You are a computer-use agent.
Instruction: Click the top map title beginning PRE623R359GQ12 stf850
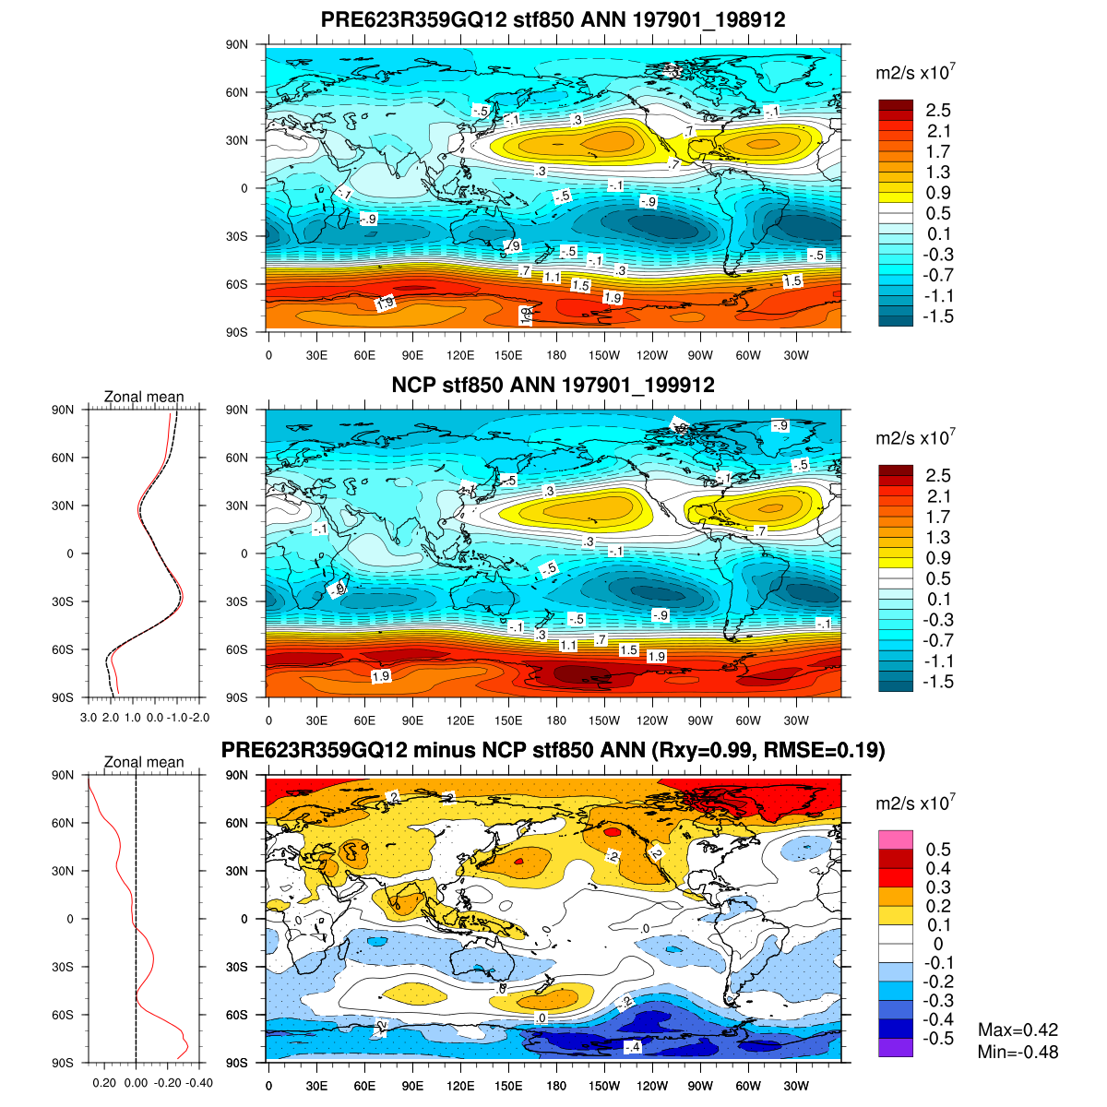click(x=553, y=19)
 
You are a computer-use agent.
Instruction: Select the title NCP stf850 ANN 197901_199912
click(x=553, y=385)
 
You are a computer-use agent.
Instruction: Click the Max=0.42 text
click(x=1018, y=1030)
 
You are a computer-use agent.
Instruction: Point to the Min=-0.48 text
click(x=1018, y=1052)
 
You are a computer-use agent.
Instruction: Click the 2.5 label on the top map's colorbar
click(x=938, y=111)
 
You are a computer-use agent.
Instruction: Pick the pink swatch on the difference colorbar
click(x=896, y=839)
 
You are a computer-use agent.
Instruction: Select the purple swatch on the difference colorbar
click(x=896, y=1047)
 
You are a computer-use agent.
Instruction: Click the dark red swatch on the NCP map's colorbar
click(x=896, y=470)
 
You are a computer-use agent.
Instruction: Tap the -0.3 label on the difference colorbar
click(x=938, y=1001)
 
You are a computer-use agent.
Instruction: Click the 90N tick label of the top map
click(x=237, y=44)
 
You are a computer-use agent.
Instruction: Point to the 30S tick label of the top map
click(x=237, y=236)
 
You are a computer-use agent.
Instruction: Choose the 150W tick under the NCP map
click(x=604, y=720)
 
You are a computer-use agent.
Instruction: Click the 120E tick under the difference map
click(x=460, y=1086)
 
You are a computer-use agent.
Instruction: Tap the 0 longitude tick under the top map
click(x=268, y=355)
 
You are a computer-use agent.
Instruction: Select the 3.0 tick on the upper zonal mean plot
click(x=89, y=717)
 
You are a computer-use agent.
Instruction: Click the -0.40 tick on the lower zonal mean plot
click(x=199, y=1083)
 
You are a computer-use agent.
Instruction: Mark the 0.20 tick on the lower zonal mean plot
click(x=104, y=1083)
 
